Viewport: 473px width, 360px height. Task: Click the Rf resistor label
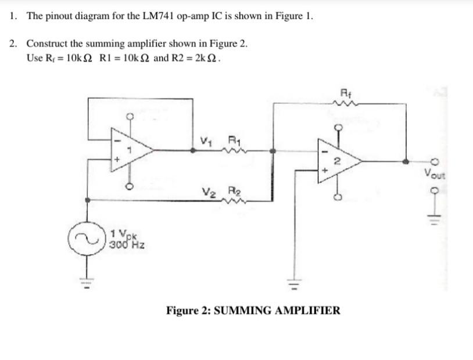coord(345,92)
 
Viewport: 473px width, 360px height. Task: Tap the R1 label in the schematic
coord(234,139)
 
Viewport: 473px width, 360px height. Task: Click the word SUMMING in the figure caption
coord(242,310)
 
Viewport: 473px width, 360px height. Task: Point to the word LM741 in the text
coord(157,16)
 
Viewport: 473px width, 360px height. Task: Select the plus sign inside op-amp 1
coord(118,159)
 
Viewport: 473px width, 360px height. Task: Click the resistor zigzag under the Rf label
coord(345,105)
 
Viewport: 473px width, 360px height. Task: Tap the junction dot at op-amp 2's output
coord(406,161)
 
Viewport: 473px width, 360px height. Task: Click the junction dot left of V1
coord(193,150)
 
